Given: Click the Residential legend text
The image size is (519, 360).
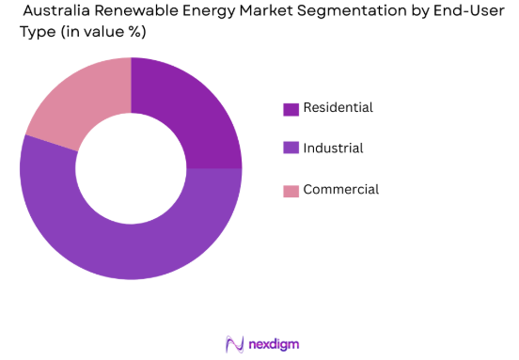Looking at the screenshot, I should tap(338, 108).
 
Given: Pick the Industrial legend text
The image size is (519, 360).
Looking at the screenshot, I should tap(333, 149).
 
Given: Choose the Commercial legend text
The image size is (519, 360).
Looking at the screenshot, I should tap(340, 189).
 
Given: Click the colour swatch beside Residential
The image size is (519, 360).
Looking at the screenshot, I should tap(291, 109).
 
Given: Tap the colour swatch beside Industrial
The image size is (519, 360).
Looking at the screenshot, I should tap(291, 149).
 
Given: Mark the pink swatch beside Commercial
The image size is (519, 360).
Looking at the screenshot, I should tap(291, 190).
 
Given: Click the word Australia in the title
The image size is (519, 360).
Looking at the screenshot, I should tap(63, 11).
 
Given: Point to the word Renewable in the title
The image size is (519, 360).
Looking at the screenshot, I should tap(145, 11).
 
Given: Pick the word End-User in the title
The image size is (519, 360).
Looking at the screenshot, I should tap(467, 11).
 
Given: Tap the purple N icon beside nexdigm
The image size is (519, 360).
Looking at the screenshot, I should tap(234, 343).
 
